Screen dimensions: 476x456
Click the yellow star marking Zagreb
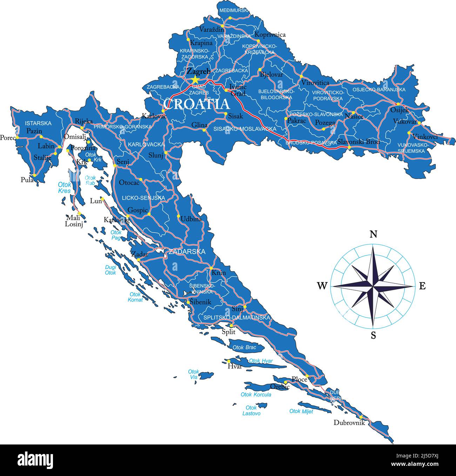click(x=195, y=80)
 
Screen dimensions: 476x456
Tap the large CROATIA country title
click(x=196, y=104)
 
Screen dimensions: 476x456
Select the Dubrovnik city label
click(x=349, y=422)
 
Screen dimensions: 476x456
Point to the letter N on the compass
click(x=374, y=234)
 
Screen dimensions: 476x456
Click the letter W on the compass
click(x=322, y=286)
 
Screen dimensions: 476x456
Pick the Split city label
click(x=228, y=332)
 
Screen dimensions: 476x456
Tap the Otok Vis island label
click(x=193, y=374)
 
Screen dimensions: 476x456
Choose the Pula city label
click(x=27, y=180)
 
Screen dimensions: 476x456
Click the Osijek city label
click(x=400, y=110)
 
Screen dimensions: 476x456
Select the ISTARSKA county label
click(x=38, y=123)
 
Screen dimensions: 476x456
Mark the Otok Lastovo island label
click(x=251, y=411)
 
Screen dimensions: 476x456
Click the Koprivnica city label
click(x=270, y=35)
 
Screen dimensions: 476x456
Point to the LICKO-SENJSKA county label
click(x=143, y=198)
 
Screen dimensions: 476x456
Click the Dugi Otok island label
click(x=110, y=270)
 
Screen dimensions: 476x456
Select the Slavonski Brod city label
click(x=358, y=142)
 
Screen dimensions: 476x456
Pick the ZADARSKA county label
click(x=187, y=251)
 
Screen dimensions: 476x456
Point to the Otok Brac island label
click(x=244, y=347)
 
